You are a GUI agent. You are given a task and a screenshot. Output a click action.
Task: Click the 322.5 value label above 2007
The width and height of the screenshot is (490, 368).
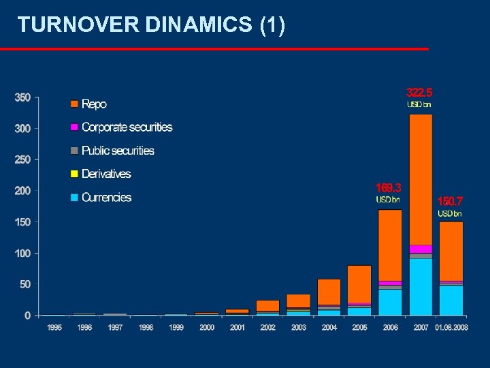pyautogui.click(x=419, y=92)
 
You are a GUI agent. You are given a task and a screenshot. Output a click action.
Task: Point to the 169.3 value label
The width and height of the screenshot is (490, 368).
pyautogui.click(x=389, y=187)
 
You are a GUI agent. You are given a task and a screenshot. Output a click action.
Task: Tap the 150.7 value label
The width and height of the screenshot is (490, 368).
pyautogui.click(x=450, y=201)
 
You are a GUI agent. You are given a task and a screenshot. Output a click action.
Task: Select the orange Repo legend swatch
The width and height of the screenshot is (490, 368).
pyautogui.click(x=74, y=104)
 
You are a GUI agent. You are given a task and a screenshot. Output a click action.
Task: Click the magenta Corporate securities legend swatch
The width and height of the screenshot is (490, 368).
pyautogui.click(x=74, y=127)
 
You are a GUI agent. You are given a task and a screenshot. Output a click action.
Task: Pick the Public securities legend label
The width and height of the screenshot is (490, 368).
pyautogui.click(x=118, y=151)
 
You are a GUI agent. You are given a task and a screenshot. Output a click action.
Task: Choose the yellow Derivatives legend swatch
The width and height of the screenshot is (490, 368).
pyautogui.click(x=74, y=174)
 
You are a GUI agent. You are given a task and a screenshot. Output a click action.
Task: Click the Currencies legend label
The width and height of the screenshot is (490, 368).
pyautogui.click(x=106, y=198)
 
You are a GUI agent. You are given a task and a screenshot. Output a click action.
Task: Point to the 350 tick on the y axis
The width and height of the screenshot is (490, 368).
pyautogui.click(x=22, y=97)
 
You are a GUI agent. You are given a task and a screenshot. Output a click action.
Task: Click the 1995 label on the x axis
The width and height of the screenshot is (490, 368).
pyautogui.click(x=54, y=328)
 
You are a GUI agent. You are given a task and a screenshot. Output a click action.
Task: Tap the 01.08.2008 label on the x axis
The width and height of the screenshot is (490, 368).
pyautogui.click(x=451, y=328)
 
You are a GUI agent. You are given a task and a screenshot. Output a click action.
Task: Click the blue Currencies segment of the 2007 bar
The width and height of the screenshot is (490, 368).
pyautogui.click(x=421, y=287)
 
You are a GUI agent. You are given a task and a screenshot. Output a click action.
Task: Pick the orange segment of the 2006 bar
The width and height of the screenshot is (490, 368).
pyautogui.click(x=390, y=245)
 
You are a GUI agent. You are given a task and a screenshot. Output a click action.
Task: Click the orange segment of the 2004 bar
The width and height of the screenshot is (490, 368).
pyautogui.click(x=329, y=291)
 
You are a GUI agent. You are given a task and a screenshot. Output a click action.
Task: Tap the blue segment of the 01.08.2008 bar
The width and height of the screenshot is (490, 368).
pyautogui.click(x=451, y=300)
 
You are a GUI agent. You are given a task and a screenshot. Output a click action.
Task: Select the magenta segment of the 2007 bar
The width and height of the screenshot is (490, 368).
pyautogui.click(x=421, y=249)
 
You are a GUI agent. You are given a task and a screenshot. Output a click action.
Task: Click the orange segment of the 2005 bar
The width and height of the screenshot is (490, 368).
pyautogui.click(x=359, y=283)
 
